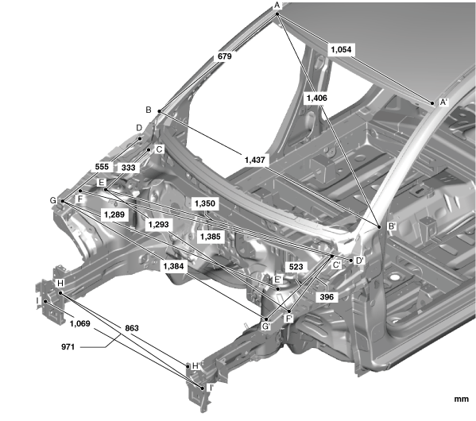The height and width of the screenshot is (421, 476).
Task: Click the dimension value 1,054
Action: point(341,49)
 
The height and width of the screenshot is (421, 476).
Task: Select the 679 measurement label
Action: point(225,56)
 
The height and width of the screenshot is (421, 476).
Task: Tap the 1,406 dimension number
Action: point(316,98)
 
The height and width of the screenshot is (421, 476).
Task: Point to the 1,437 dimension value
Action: point(255,160)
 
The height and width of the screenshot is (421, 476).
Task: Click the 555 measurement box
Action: point(102,167)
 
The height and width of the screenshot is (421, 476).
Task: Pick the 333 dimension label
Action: point(128,168)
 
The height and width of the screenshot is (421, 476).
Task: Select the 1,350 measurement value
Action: point(205,203)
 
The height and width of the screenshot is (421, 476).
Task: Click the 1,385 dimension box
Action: point(211,237)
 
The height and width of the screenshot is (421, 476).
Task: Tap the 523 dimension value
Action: point(296,267)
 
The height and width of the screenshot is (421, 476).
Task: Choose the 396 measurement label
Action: point(327,297)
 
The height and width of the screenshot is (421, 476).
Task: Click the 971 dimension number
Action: point(68,346)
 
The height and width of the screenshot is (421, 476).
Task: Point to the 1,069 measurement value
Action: point(79,324)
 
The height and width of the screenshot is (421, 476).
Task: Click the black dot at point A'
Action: point(432,103)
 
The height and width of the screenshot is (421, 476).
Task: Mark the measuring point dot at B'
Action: point(379,226)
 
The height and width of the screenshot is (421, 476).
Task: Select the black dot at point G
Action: point(63,201)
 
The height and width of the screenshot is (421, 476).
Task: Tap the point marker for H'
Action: point(188,366)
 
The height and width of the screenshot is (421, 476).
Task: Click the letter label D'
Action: point(360,261)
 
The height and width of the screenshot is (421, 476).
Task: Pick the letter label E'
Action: point(278,280)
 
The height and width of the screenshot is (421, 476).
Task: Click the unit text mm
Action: point(462,399)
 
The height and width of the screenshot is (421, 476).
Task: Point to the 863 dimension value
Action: point(132,328)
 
